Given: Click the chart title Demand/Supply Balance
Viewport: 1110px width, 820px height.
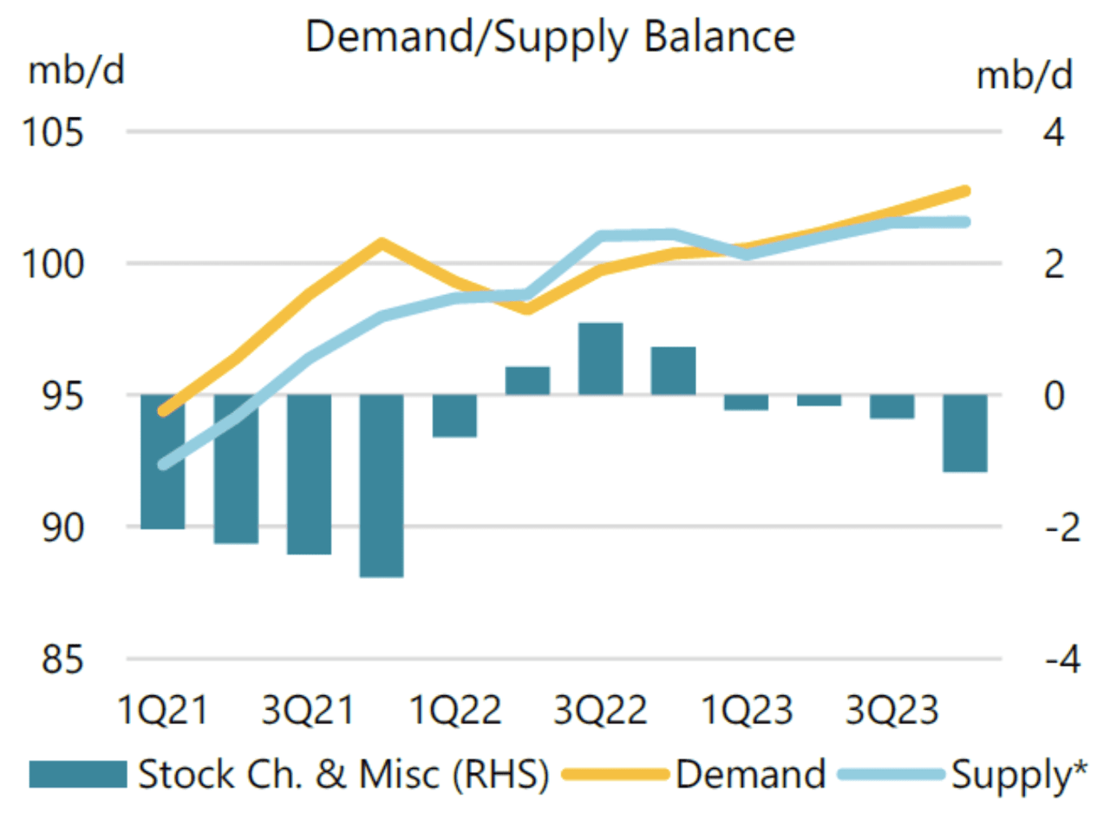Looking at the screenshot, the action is click(x=550, y=37).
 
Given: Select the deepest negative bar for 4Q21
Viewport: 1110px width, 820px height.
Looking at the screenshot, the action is click(x=382, y=485).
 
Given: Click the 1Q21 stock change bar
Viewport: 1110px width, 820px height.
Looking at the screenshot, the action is click(x=163, y=462).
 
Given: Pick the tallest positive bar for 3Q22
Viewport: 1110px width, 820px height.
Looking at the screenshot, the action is click(x=601, y=358).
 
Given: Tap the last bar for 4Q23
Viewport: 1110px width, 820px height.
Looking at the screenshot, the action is click(x=965, y=433).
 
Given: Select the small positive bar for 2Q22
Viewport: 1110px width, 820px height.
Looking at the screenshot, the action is click(x=527, y=381).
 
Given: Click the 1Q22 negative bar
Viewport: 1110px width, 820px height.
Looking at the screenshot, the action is click(x=454, y=416).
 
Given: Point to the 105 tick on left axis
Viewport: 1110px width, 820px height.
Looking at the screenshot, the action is click(x=53, y=133).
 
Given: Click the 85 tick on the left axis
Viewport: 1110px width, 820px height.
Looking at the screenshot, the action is click(x=62, y=659).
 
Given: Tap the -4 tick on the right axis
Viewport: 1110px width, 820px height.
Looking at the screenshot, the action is click(x=1062, y=659).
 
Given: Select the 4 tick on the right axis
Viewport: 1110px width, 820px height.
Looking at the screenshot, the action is click(x=1054, y=133).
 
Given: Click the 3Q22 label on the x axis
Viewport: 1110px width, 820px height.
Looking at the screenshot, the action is click(x=601, y=710).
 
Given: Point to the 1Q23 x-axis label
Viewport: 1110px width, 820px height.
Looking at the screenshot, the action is click(x=747, y=710).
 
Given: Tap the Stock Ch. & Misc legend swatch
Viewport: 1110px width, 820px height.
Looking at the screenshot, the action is click(x=78, y=774).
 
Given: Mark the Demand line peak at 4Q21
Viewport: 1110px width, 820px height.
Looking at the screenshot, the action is click(x=382, y=244).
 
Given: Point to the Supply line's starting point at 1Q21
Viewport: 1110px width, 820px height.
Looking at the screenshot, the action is click(x=163, y=465).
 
